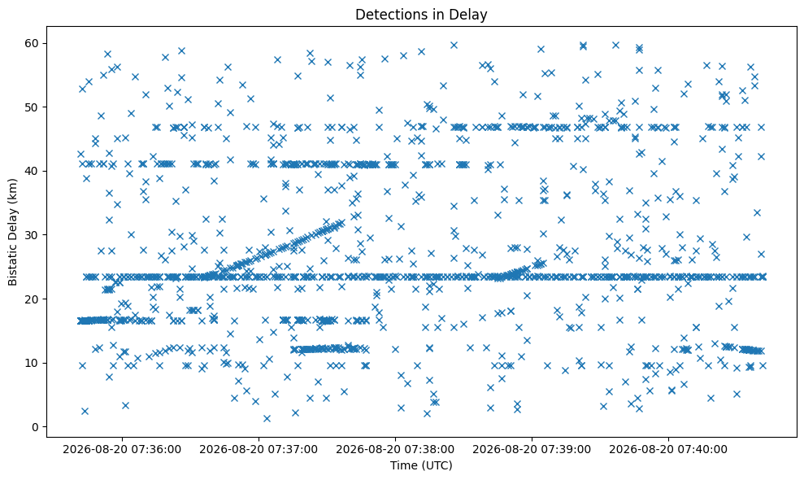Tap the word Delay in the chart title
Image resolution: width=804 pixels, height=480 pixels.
[470, 15]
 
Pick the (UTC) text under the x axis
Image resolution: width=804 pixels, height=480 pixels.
[437, 465]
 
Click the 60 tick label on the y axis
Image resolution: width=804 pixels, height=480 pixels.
[32, 43]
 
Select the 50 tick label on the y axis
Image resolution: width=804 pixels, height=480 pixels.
[32, 107]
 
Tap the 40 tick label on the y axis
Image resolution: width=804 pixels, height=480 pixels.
[32, 171]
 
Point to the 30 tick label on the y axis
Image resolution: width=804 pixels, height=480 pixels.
[32, 235]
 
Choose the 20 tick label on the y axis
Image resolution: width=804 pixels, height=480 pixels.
[32, 299]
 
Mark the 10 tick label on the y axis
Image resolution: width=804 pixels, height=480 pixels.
[32, 363]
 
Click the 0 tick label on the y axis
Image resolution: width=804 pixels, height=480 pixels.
[36, 427]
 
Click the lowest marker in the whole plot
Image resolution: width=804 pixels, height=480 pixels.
[267, 418]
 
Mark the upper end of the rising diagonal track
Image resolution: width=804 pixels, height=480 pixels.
[341, 223]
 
